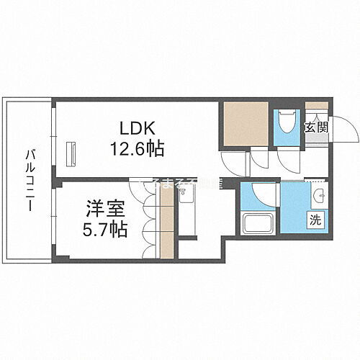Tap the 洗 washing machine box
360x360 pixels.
coord(316,218)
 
